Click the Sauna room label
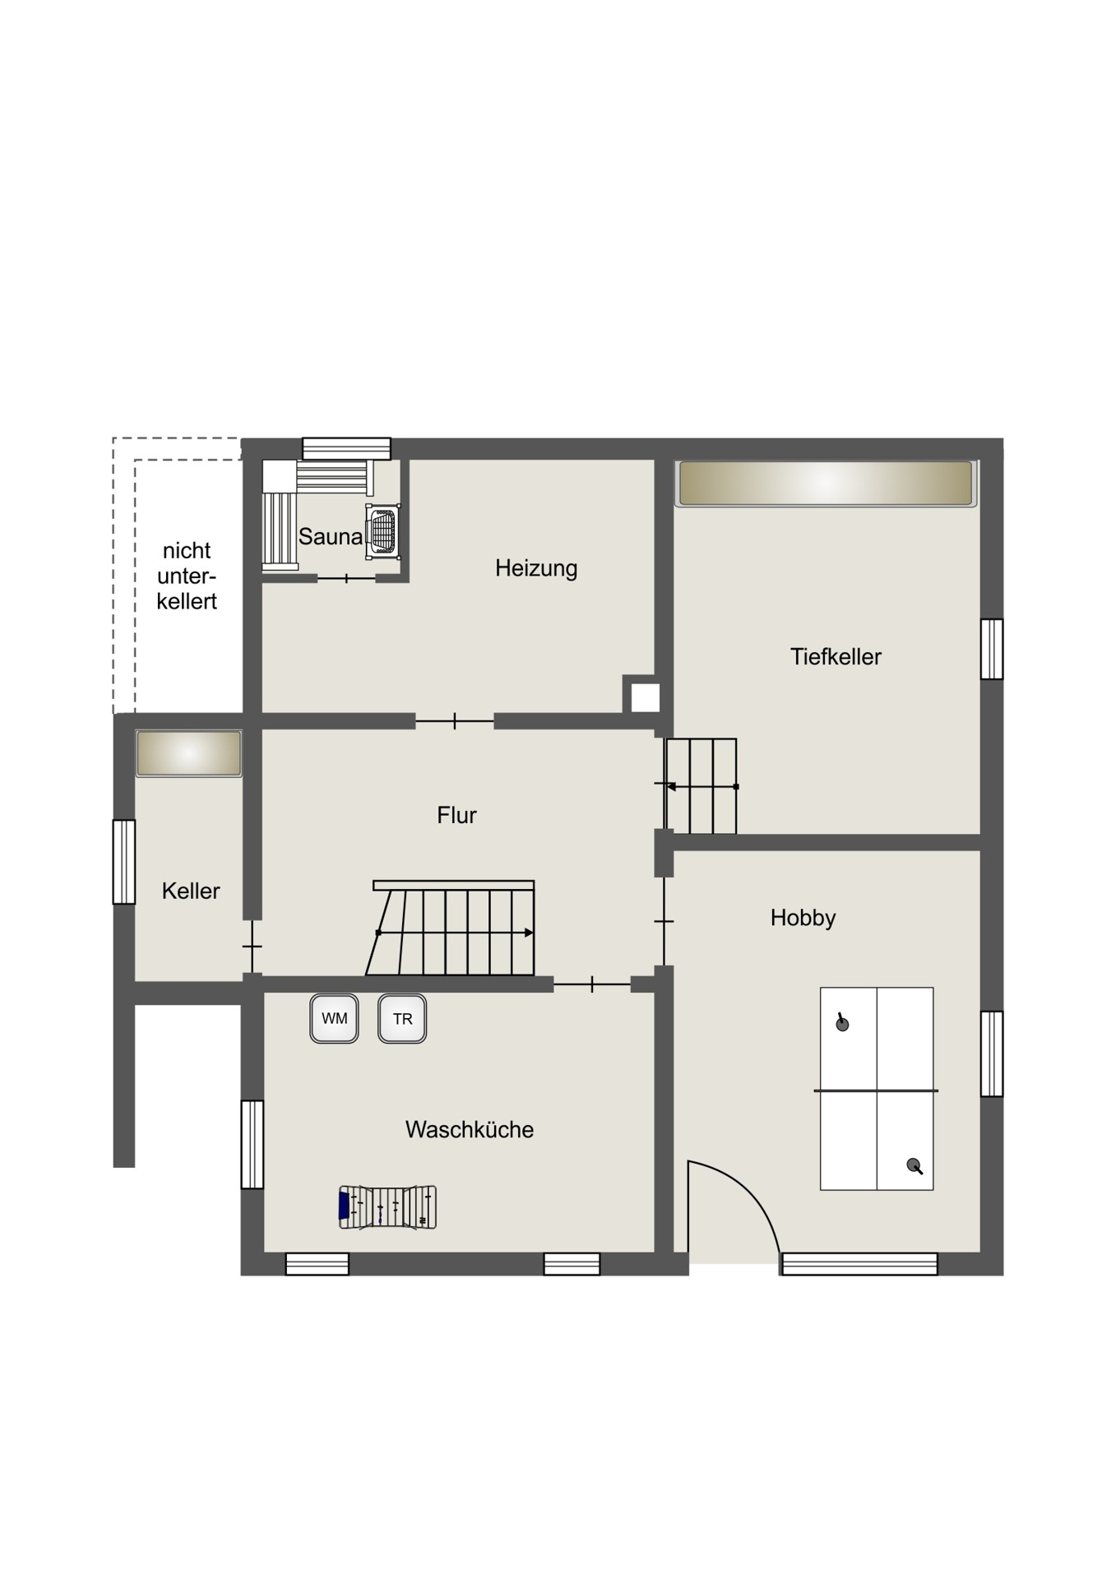(330, 537)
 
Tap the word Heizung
(536, 568)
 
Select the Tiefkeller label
(836, 657)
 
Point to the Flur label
(456, 815)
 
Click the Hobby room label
(803, 918)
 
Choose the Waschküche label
(470, 1130)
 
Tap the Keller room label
(191, 891)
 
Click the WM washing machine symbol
(334, 1019)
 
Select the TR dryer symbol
(402, 1019)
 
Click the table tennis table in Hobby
(877, 1089)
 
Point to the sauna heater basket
(383, 530)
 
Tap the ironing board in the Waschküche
(387, 1207)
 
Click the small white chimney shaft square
(646, 698)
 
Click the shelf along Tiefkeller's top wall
(826, 484)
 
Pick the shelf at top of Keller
(189, 753)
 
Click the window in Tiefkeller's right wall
(992, 649)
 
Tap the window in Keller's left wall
(124, 862)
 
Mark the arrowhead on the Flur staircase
(530, 933)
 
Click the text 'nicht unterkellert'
(187, 576)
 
